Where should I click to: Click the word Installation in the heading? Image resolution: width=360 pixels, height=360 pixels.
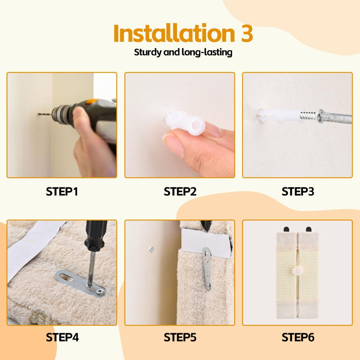point(174,33)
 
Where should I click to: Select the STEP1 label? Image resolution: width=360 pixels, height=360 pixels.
point(62,192)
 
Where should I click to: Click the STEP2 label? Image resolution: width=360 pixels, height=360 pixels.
point(180,192)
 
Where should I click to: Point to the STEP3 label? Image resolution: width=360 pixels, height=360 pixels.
point(298,192)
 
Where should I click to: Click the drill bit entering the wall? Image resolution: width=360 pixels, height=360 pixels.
point(45,114)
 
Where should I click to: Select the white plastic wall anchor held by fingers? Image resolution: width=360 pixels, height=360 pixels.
point(185,122)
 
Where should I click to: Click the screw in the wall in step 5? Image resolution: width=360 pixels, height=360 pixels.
point(151,249)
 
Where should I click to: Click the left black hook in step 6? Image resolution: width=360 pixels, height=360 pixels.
point(286,229)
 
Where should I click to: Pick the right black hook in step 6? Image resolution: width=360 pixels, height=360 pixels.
point(309,229)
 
